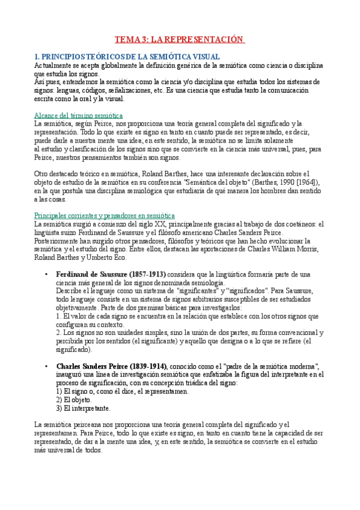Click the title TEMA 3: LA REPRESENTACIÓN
point(180,40)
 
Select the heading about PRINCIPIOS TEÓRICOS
point(126,56)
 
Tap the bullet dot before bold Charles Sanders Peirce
point(47,366)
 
